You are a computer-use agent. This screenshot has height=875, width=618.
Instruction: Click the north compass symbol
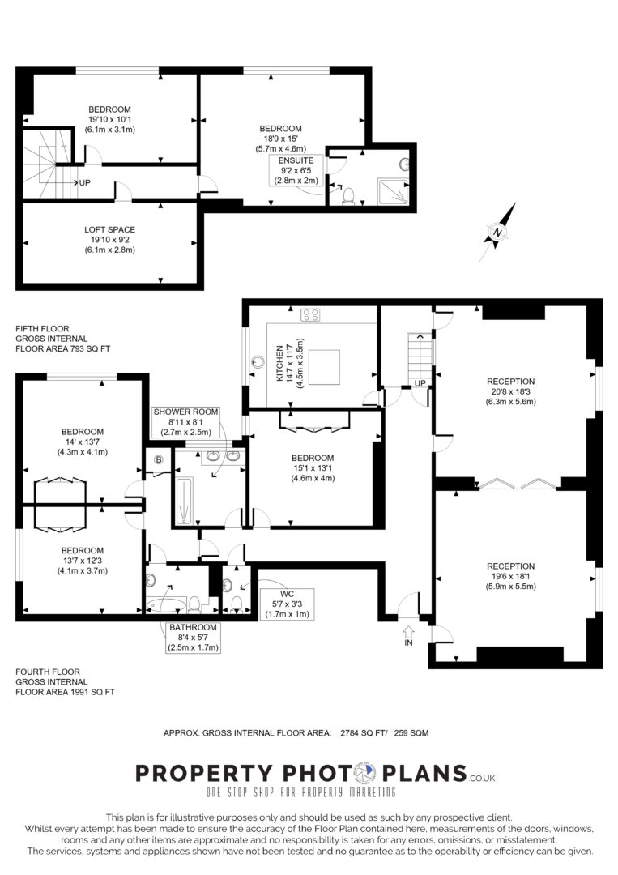(x=497, y=233)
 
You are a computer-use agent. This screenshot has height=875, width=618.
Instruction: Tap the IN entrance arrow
(x=408, y=632)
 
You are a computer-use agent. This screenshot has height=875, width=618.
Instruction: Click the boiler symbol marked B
(x=159, y=460)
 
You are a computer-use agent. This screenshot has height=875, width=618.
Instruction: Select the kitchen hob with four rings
(x=311, y=314)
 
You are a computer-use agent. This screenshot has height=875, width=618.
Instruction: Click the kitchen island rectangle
(x=325, y=367)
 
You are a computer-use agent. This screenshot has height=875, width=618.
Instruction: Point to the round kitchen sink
(x=258, y=361)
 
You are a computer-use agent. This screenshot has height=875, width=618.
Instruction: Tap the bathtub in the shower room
(x=184, y=501)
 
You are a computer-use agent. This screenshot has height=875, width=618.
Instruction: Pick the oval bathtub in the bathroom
(x=166, y=605)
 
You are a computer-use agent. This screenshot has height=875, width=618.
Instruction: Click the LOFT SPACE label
(x=110, y=229)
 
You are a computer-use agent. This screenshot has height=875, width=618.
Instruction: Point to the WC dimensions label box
(x=288, y=604)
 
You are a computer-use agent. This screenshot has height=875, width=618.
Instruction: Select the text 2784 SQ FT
(x=364, y=732)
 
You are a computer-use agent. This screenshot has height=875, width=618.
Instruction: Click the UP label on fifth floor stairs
(x=85, y=182)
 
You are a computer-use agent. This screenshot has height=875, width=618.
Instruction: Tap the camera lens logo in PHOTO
(x=366, y=774)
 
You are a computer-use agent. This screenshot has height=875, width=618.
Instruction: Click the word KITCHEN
(x=279, y=363)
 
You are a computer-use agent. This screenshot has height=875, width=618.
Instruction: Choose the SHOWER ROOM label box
(x=185, y=422)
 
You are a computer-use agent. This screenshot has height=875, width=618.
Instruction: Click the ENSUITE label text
(x=296, y=160)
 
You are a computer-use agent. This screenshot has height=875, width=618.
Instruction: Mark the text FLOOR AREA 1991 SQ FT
(x=66, y=692)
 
